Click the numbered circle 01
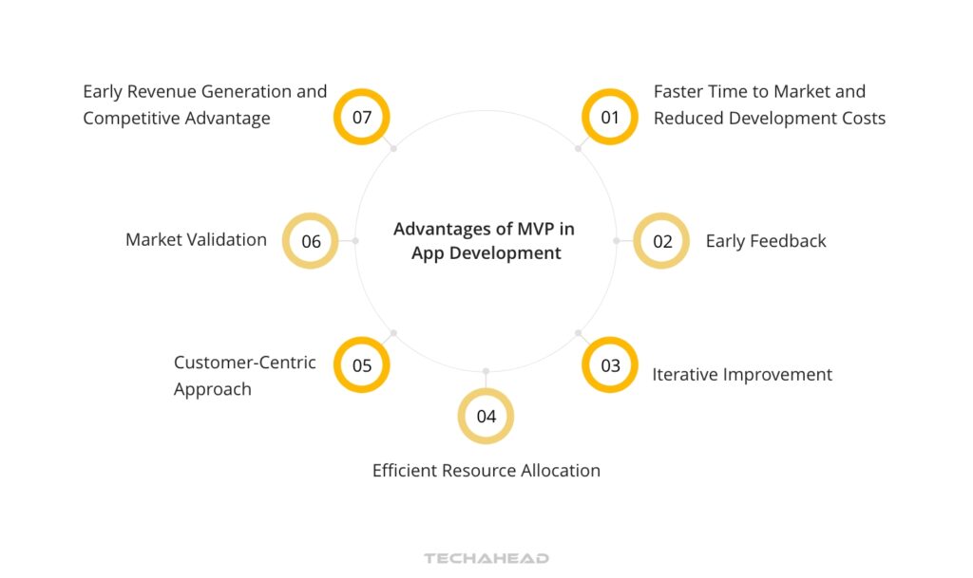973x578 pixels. pyautogui.click(x=609, y=117)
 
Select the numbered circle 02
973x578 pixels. pyautogui.click(x=661, y=241)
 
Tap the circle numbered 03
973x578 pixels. pyautogui.click(x=609, y=365)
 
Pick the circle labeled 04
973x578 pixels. pyautogui.click(x=486, y=416)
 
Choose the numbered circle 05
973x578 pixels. pyautogui.click(x=362, y=365)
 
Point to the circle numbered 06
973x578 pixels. pyautogui.click(x=311, y=241)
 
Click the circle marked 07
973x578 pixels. pyautogui.click(x=362, y=117)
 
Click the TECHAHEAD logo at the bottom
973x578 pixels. pyautogui.click(x=486, y=558)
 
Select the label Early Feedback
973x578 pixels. pyautogui.click(x=765, y=241)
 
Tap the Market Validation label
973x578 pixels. pyautogui.click(x=196, y=239)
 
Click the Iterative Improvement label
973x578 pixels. pyautogui.click(x=741, y=374)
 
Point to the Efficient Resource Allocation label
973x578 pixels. pyautogui.click(x=486, y=470)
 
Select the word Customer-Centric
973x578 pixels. pyautogui.click(x=244, y=363)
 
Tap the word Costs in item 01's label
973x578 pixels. pyautogui.click(x=861, y=118)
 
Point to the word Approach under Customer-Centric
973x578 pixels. pyautogui.click(x=212, y=389)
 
